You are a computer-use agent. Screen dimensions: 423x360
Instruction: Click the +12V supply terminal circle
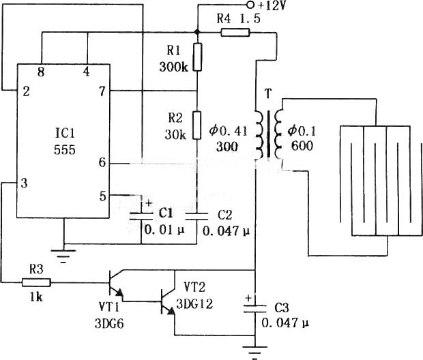pos(250,5)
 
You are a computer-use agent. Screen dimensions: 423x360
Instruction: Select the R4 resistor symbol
pos(235,33)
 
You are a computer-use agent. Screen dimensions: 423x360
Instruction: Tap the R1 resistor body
pos(198,57)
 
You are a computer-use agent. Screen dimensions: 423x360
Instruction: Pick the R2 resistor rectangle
pos(197,125)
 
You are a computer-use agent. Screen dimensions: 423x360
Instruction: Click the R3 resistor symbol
pos(36,282)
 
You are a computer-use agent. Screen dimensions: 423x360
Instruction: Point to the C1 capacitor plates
pos(141,216)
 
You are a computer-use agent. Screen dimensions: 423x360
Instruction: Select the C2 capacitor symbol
pos(197,216)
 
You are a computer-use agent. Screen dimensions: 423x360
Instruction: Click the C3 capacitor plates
pos(255,308)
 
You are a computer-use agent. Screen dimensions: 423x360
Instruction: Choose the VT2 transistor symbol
pos(168,301)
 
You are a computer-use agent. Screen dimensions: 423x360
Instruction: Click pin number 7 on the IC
pos(102,91)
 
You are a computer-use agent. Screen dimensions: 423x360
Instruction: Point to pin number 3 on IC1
pos(25,183)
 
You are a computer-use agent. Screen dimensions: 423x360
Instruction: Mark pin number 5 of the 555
pos(102,196)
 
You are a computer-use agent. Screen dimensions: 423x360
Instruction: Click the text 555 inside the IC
pos(65,150)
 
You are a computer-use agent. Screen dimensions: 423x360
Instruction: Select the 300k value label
pos(173,67)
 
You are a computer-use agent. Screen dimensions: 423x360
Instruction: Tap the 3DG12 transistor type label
pos(194,304)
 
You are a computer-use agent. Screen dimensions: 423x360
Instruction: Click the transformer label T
pos(268,94)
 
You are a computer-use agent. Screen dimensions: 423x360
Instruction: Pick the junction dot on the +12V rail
pos(197,32)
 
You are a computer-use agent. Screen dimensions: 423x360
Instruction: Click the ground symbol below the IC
pos(63,255)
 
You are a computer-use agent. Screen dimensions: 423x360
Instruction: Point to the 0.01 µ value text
pos(164,230)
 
